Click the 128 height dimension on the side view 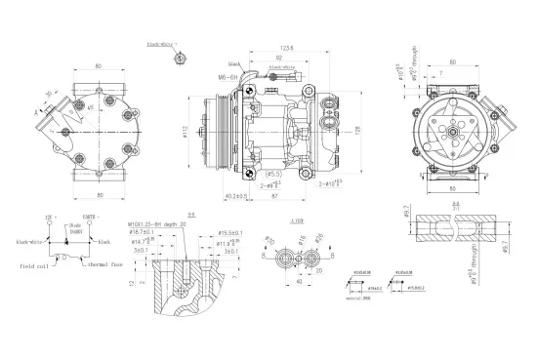[359, 131]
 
